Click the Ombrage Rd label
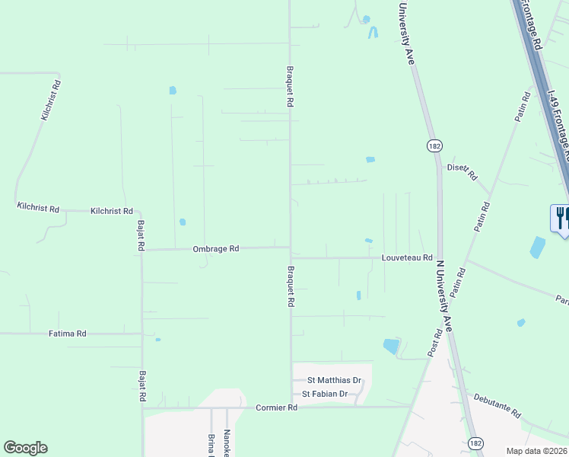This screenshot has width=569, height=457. (x=216, y=248)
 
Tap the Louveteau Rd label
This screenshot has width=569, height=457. (x=407, y=258)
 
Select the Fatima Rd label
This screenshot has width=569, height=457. (x=68, y=334)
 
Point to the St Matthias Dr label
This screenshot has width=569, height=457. (x=334, y=380)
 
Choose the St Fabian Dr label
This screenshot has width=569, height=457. (x=325, y=394)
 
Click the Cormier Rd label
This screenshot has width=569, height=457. (x=276, y=407)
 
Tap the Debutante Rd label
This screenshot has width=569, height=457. (x=497, y=404)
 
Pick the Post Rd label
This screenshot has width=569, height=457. (x=435, y=344)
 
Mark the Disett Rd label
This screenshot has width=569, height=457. (x=463, y=171)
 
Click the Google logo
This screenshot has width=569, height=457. (x=25, y=448)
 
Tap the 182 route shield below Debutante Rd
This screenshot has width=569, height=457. (x=475, y=443)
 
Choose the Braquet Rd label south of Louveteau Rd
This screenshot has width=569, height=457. (x=291, y=286)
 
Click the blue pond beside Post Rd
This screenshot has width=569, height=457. (x=392, y=347)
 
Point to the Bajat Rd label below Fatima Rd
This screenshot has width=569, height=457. (x=141, y=386)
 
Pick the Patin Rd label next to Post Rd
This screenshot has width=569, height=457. (x=457, y=283)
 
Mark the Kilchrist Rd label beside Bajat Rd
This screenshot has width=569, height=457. (x=111, y=211)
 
